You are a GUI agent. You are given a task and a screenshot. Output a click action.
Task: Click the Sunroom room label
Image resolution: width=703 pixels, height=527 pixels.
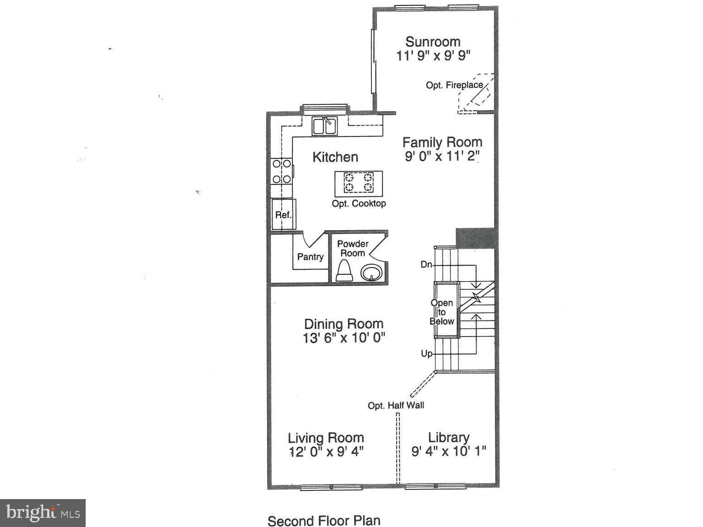(433, 42)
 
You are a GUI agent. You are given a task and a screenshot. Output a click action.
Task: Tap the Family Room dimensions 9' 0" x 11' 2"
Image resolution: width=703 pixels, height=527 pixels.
(442, 157)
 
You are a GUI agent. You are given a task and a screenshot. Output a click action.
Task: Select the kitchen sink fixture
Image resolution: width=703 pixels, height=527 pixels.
(325, 125)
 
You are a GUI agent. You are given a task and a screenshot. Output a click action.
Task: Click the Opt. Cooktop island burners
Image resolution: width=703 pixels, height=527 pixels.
(359, 182)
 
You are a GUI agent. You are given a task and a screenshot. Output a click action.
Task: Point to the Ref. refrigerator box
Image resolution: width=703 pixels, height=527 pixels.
(283, 214)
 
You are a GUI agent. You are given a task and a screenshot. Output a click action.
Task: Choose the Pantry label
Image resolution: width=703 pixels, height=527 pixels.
(310, 257)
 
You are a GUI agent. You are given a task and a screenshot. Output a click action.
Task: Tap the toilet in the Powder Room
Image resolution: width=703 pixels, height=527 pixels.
(344, 271)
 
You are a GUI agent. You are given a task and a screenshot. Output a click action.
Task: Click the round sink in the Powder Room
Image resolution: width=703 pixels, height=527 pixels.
(371, 273)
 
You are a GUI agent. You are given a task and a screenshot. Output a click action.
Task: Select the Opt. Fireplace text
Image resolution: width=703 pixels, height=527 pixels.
(454, 85)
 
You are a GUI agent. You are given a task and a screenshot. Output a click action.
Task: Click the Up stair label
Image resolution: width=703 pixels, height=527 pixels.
(426, 353)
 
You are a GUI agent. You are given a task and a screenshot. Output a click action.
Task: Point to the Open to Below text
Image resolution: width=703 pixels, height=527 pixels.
(442, 312)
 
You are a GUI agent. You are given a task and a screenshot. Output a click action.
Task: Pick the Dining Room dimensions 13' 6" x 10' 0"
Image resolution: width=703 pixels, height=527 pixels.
(343, 338)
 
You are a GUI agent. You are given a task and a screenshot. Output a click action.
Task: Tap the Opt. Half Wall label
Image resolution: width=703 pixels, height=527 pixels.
(396, 405)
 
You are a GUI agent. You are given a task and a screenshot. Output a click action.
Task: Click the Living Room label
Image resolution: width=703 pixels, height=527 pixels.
(326, 438)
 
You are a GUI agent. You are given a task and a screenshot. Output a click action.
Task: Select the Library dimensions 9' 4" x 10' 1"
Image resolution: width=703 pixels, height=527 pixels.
(448, 451)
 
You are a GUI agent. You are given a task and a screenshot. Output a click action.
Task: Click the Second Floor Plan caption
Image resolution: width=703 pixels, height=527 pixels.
(324, 521)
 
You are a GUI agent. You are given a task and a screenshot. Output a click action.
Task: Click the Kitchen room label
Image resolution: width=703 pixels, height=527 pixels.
(335, 157)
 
